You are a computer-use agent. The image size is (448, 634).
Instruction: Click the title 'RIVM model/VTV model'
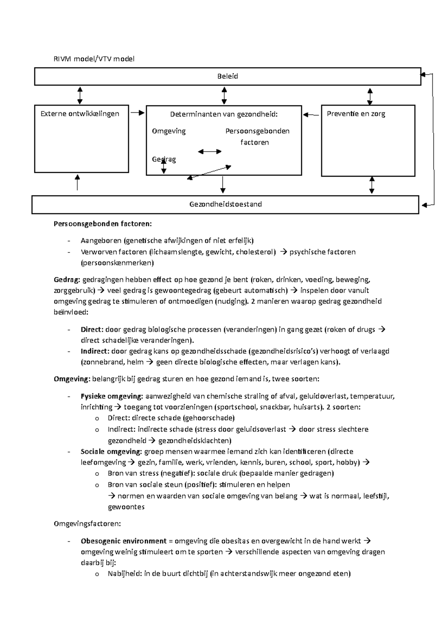click(94, 59)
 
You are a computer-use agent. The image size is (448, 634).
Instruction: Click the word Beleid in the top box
click(227, 76)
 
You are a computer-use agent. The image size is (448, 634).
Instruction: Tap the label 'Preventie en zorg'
click(356, 114)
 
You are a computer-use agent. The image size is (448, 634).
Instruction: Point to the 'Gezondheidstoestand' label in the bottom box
click(225, 204)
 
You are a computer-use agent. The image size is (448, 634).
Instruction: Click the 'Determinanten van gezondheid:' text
click(224, 114)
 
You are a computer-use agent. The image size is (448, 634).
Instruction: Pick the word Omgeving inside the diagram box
click(169, 131)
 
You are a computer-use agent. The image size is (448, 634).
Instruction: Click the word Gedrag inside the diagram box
click(164, 159)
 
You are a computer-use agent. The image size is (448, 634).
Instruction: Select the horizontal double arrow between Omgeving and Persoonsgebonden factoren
click(209, 151)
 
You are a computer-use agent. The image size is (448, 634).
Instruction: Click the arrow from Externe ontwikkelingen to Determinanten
click(137, 112)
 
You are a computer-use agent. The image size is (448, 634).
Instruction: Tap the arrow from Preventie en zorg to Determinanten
click(311, 115)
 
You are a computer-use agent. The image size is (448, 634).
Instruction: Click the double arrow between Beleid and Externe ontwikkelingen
click(80, 95)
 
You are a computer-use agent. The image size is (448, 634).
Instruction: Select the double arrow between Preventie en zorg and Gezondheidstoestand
click(371, 185)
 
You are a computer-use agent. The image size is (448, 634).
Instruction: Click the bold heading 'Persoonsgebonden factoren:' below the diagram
click(103, 224)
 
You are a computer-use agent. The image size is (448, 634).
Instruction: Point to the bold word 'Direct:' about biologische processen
click(92, 330)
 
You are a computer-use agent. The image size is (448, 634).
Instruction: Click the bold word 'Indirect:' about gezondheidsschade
click(95, 351)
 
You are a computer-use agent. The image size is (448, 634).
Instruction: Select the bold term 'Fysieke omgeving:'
click(112, 396)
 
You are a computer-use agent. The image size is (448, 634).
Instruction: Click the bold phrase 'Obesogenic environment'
click(123, 541)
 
